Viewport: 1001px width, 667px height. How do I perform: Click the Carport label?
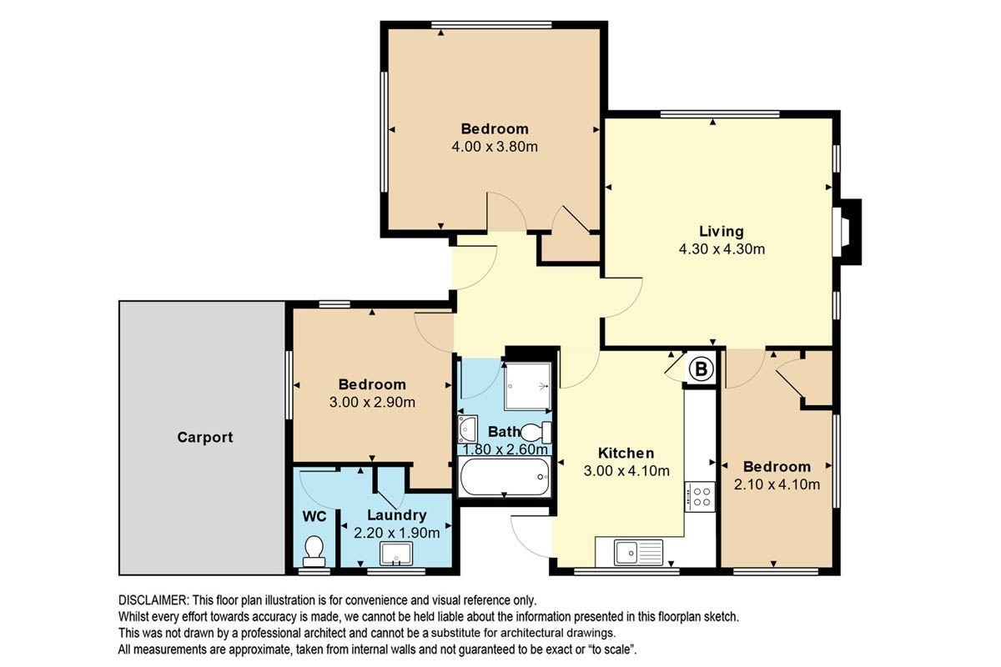tap(204, 438)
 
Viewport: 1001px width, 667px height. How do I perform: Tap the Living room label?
tap(722, 232)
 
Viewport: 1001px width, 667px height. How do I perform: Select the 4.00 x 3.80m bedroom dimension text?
tap(495, 147)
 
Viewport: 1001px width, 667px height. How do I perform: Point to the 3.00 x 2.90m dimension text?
tap(372, 402)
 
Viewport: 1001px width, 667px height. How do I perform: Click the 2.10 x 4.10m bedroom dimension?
tap(777, 484)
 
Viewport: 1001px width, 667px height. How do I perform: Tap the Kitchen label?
tap(626, 453)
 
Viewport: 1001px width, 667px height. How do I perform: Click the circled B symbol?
tap(702, 369)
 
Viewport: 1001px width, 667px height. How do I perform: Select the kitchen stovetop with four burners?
tap(700, 497)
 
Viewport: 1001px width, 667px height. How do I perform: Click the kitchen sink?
tap(638, 552)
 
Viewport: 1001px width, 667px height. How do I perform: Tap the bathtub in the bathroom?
tap(504, 477)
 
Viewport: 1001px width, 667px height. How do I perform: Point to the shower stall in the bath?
tap(527, 386)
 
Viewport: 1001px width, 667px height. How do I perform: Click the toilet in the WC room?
tap(314, 552)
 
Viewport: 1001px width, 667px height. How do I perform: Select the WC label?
tap(314, 516)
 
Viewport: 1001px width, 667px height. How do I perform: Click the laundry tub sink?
tap(396, 553)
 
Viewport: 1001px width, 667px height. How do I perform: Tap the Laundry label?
tap(396, 515)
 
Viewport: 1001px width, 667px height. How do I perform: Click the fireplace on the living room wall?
tap(847, 232)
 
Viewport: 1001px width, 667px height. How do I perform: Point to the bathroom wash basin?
tap(467, 429)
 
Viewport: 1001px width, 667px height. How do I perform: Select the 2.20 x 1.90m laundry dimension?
tap(396, 533)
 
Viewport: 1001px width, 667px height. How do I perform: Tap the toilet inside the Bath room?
tap(536, 432)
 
